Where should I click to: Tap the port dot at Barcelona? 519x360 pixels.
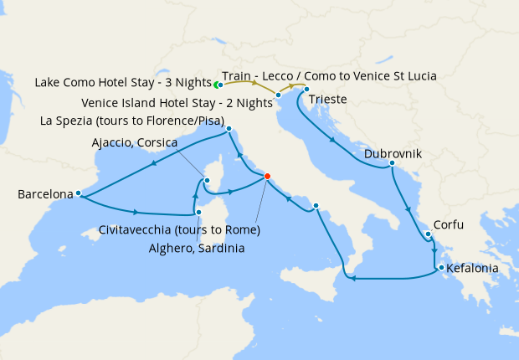pyautogui.click(x=78, y=193)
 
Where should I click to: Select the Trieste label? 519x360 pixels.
pyautogui.click(x=329, y=101)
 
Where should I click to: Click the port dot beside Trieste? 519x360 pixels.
pyautogui.click(x=306, y=90)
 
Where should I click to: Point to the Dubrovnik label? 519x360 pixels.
pyautogui.click(x=393, y=154)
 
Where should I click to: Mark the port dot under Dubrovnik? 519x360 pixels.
pyautogui.click(x=392, y=163)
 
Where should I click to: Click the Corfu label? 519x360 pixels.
pyautogui.click(x=449, y=225)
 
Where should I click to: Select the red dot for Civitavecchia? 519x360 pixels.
pyautogui.click(x=267, y=176)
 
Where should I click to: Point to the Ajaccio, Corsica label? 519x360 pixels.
pyautogui.click(x=134, y=143)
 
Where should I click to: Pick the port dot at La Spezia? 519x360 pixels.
pyautogui.click(x=229, y=128)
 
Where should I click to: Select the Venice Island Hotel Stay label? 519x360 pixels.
pyautogui.click(x=177, y=104)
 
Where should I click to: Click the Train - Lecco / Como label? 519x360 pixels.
pyautogui.click(x=329, y=75)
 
